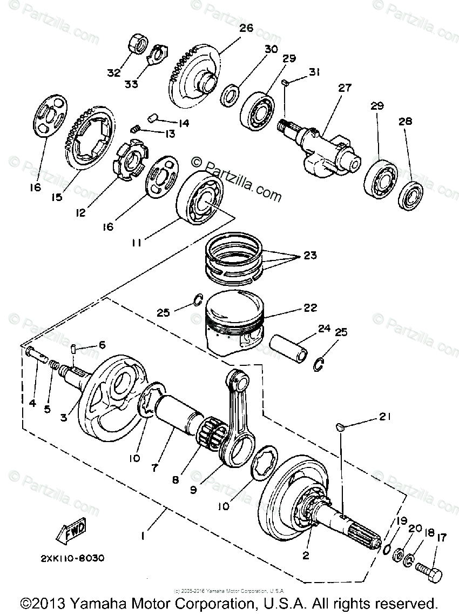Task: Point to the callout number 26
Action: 246,29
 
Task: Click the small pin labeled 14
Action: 153,116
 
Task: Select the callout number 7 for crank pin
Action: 155,468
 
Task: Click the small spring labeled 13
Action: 136,129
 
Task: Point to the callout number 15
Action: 57,197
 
